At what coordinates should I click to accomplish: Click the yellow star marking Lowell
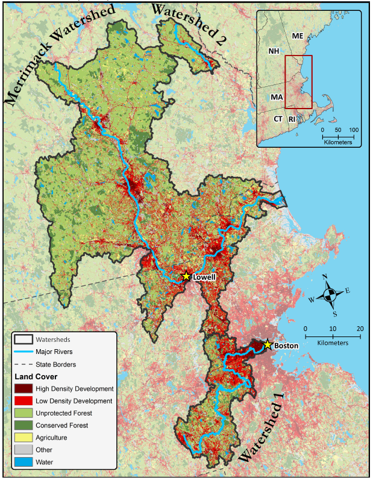[186, 276]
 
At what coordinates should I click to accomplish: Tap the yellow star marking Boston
[268, 345]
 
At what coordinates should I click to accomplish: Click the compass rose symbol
[330, 294]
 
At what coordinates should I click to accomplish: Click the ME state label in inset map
[298, 36]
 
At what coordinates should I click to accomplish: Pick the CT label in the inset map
[278, 119]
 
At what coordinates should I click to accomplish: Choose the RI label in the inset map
[292, 119]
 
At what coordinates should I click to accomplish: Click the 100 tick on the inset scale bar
[354, 130]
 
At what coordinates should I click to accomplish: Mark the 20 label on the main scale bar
[360, 328]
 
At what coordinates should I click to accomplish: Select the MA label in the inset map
[277, 97]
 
